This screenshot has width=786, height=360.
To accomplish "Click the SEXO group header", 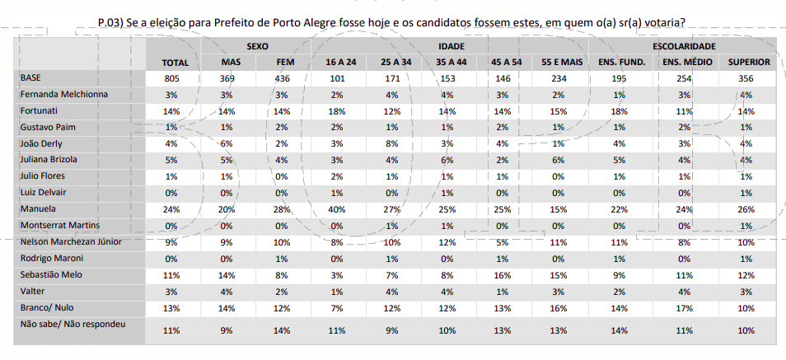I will [255, 47].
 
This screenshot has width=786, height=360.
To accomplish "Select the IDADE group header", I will [450, 47].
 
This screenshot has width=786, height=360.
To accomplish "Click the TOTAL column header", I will [175, 63].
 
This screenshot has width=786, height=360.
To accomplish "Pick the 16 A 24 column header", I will [341, 63].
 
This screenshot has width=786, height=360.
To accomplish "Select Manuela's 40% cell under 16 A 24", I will [336, 209].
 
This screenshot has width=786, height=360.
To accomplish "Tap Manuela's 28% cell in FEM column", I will [282, 209].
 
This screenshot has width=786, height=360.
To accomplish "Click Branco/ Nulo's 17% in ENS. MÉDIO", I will [683, 307].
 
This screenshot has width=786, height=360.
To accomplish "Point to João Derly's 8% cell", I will [392, 143].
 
